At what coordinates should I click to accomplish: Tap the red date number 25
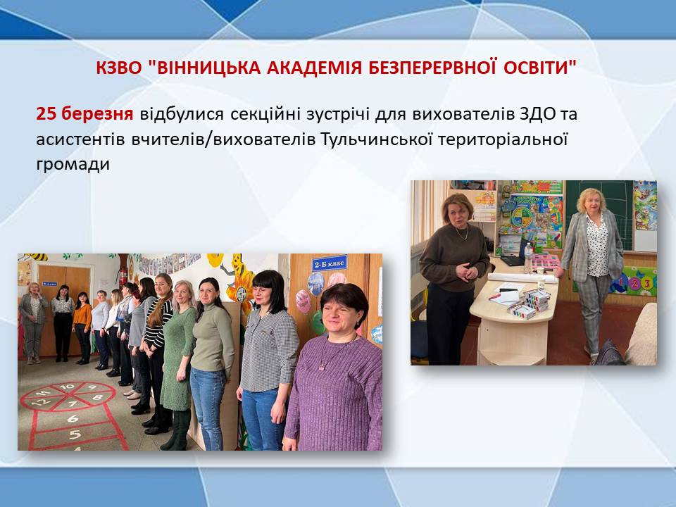click(x=46, y=114)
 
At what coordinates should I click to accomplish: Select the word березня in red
click(x=96, y=114)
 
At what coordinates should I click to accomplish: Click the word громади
click(x=73, y=165)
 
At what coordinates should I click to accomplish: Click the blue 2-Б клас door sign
click(x=329, y=263)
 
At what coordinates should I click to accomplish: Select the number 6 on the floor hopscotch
click(x=73, y=418)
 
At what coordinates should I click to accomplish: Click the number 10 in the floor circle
click(x=67, y=387)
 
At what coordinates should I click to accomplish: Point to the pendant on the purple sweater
click(x=322, y=367)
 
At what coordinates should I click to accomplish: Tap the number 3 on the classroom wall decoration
click(x=646, y=283)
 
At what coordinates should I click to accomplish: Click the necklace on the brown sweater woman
click(x=462, y=234)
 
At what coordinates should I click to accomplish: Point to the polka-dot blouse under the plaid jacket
click(x=597, y=246)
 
